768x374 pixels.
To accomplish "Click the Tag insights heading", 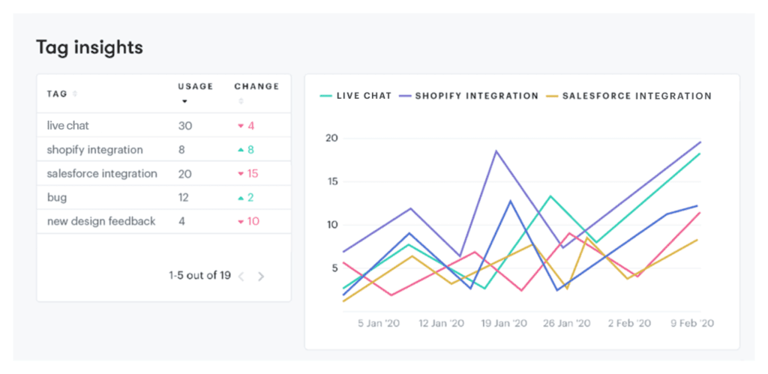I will (89, 48).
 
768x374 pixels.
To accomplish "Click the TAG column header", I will (58, 94).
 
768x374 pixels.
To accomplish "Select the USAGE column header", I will (195, 87).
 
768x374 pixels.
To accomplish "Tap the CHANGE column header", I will (256, 87).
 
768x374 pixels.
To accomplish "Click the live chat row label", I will (67, 126).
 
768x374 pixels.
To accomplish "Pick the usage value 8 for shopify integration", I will (181, 150).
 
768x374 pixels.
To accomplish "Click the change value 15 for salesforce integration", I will (251, 174).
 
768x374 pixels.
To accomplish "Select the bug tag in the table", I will (57, 198).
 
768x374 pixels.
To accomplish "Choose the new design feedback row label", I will (101, 222).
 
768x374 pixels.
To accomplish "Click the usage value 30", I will (185, 126).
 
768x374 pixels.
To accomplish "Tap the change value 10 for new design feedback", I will (251, 222).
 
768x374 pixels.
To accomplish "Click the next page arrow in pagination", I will (261, 276).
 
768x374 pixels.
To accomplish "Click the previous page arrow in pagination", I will (241, 276).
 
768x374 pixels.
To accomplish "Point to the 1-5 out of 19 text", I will (199, 275).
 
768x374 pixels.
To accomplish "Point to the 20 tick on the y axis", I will (331, 139).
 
